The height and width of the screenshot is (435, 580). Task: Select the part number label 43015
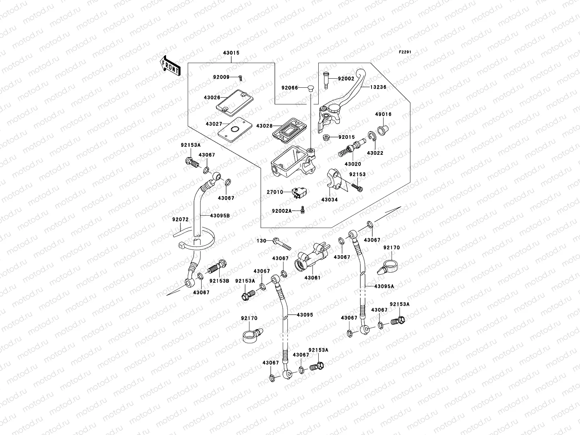coord(231,53)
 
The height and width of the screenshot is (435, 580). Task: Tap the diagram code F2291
coord(405,52)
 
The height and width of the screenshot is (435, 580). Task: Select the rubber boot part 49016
coord(381,129)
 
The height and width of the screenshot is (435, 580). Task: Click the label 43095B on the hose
coord(220,215)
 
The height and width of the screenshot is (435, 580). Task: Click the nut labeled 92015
coord(326,137)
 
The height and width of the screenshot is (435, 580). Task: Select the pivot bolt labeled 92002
coord(325,80)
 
